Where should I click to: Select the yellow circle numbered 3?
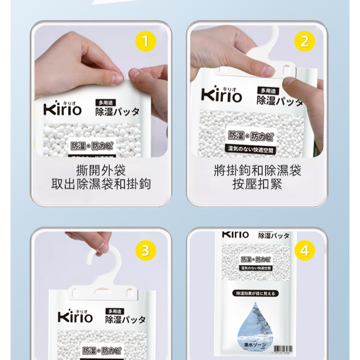point(146,250)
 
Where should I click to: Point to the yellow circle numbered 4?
point(305,250)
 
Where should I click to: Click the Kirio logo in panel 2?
point(222,95)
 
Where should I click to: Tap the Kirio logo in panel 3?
point(75,316)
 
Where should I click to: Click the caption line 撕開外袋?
point(101,171)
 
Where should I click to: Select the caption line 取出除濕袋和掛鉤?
point(101,184)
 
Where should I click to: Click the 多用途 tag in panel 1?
point(105,102)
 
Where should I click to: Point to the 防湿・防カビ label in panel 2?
point(251,136)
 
